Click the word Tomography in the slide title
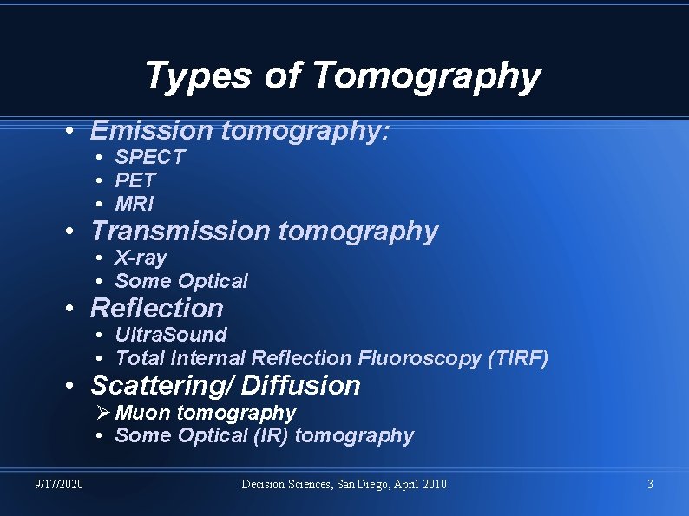[x=426, y=76]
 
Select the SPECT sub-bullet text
[x=150, y=157]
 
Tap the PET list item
[x=135, y=180]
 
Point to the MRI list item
[x=135, y=204]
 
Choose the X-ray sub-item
[x=141, y=258]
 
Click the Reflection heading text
[x=157, y=308]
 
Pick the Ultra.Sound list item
[x=171, y=335]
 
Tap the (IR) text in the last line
[x=266, y=435]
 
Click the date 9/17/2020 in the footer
[x=60, y=484]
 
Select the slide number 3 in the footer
[x=650, y=484]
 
